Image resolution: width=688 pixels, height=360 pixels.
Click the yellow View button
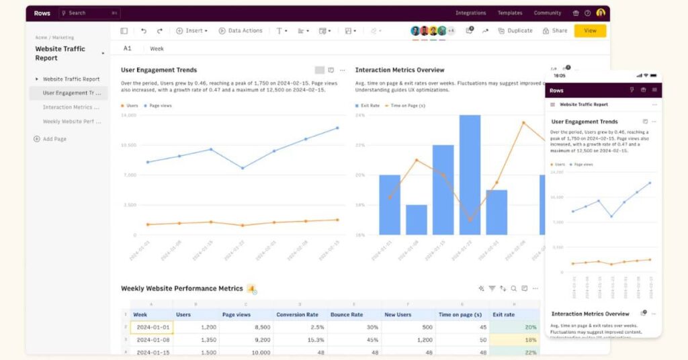590,31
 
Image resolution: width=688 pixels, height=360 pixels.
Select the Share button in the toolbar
555,31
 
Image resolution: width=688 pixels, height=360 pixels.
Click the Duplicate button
515,31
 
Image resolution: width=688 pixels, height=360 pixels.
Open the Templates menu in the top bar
510,13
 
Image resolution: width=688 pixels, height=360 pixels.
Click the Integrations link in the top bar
470,13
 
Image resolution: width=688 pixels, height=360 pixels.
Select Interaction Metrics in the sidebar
71,107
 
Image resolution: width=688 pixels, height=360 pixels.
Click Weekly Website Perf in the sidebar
71,122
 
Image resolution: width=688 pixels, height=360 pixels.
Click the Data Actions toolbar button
240,31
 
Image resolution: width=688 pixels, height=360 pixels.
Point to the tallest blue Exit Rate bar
470,175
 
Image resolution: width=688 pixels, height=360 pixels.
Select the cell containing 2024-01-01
152,327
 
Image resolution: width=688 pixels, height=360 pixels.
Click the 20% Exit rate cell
515,327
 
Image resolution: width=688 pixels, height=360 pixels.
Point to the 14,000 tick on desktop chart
128,115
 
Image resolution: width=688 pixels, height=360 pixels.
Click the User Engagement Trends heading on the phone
584,122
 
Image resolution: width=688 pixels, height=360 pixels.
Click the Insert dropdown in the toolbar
192,31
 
